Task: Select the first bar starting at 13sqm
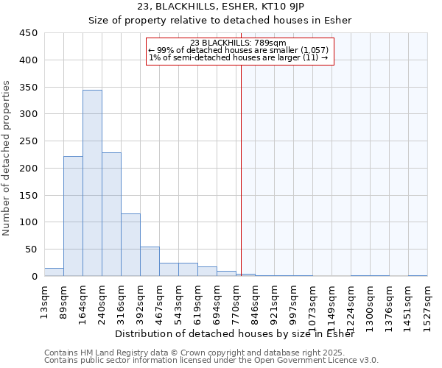pos(54,272)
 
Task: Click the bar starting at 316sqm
pos(130,244)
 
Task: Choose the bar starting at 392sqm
pos(150,261)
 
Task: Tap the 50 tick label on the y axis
pos(31,250)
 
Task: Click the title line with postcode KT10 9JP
pos(221,7)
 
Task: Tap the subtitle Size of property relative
pos(221,21)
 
